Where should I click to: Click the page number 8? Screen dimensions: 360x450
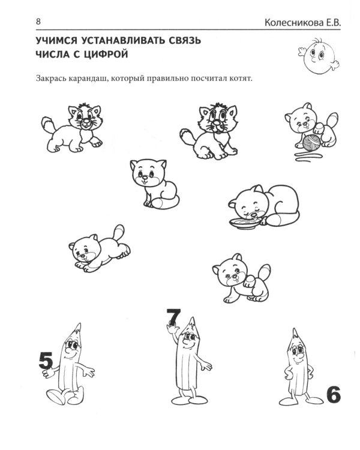(38, 22)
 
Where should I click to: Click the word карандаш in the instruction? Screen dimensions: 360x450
(88, 79)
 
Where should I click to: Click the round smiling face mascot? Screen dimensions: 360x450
(319, 56)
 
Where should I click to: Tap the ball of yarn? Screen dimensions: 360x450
(312, 143)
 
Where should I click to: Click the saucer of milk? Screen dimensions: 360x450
(245, 223)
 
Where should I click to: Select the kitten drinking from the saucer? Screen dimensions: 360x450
(264, 206)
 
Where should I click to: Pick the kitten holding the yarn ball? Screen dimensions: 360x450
(312, 126)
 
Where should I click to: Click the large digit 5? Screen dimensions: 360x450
(46, 361)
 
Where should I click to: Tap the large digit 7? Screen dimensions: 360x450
(173, 317)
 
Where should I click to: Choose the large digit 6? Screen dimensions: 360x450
(334, 395)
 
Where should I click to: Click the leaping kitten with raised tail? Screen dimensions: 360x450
(100, 248)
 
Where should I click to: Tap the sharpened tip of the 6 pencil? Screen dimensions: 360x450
(294, 333)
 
